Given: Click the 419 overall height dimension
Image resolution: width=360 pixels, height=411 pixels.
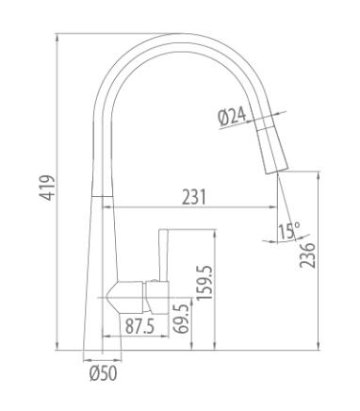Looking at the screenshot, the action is coord(47,188).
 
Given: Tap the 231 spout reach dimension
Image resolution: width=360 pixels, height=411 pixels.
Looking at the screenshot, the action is coord(194,197).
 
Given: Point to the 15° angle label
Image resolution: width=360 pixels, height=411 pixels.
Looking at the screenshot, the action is coord(289,231).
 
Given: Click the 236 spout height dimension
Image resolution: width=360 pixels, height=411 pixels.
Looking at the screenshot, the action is coord(307,255).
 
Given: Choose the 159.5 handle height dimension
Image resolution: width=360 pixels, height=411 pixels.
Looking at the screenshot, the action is coord(205,283).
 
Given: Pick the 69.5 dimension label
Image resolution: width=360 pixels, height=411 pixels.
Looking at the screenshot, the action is coord(181,319).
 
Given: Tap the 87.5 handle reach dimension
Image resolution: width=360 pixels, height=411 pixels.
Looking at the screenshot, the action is coord(139,326).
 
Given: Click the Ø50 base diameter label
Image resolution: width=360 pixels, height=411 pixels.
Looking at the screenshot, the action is coord(104,373).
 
